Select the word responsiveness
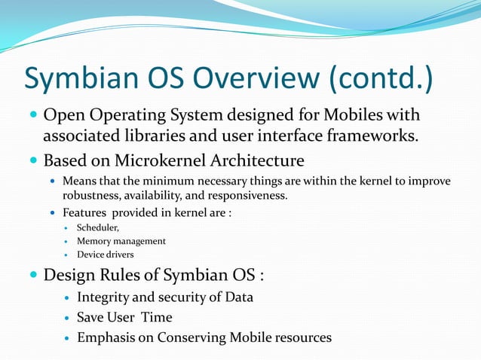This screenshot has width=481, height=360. [x=250, y=196]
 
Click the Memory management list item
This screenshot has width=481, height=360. [x=121, y=241]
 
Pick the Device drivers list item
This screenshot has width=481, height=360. [x=106, y=255]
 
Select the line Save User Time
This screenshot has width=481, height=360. [x=124, y=317]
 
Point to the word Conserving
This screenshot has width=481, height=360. [x=192, y=337]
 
